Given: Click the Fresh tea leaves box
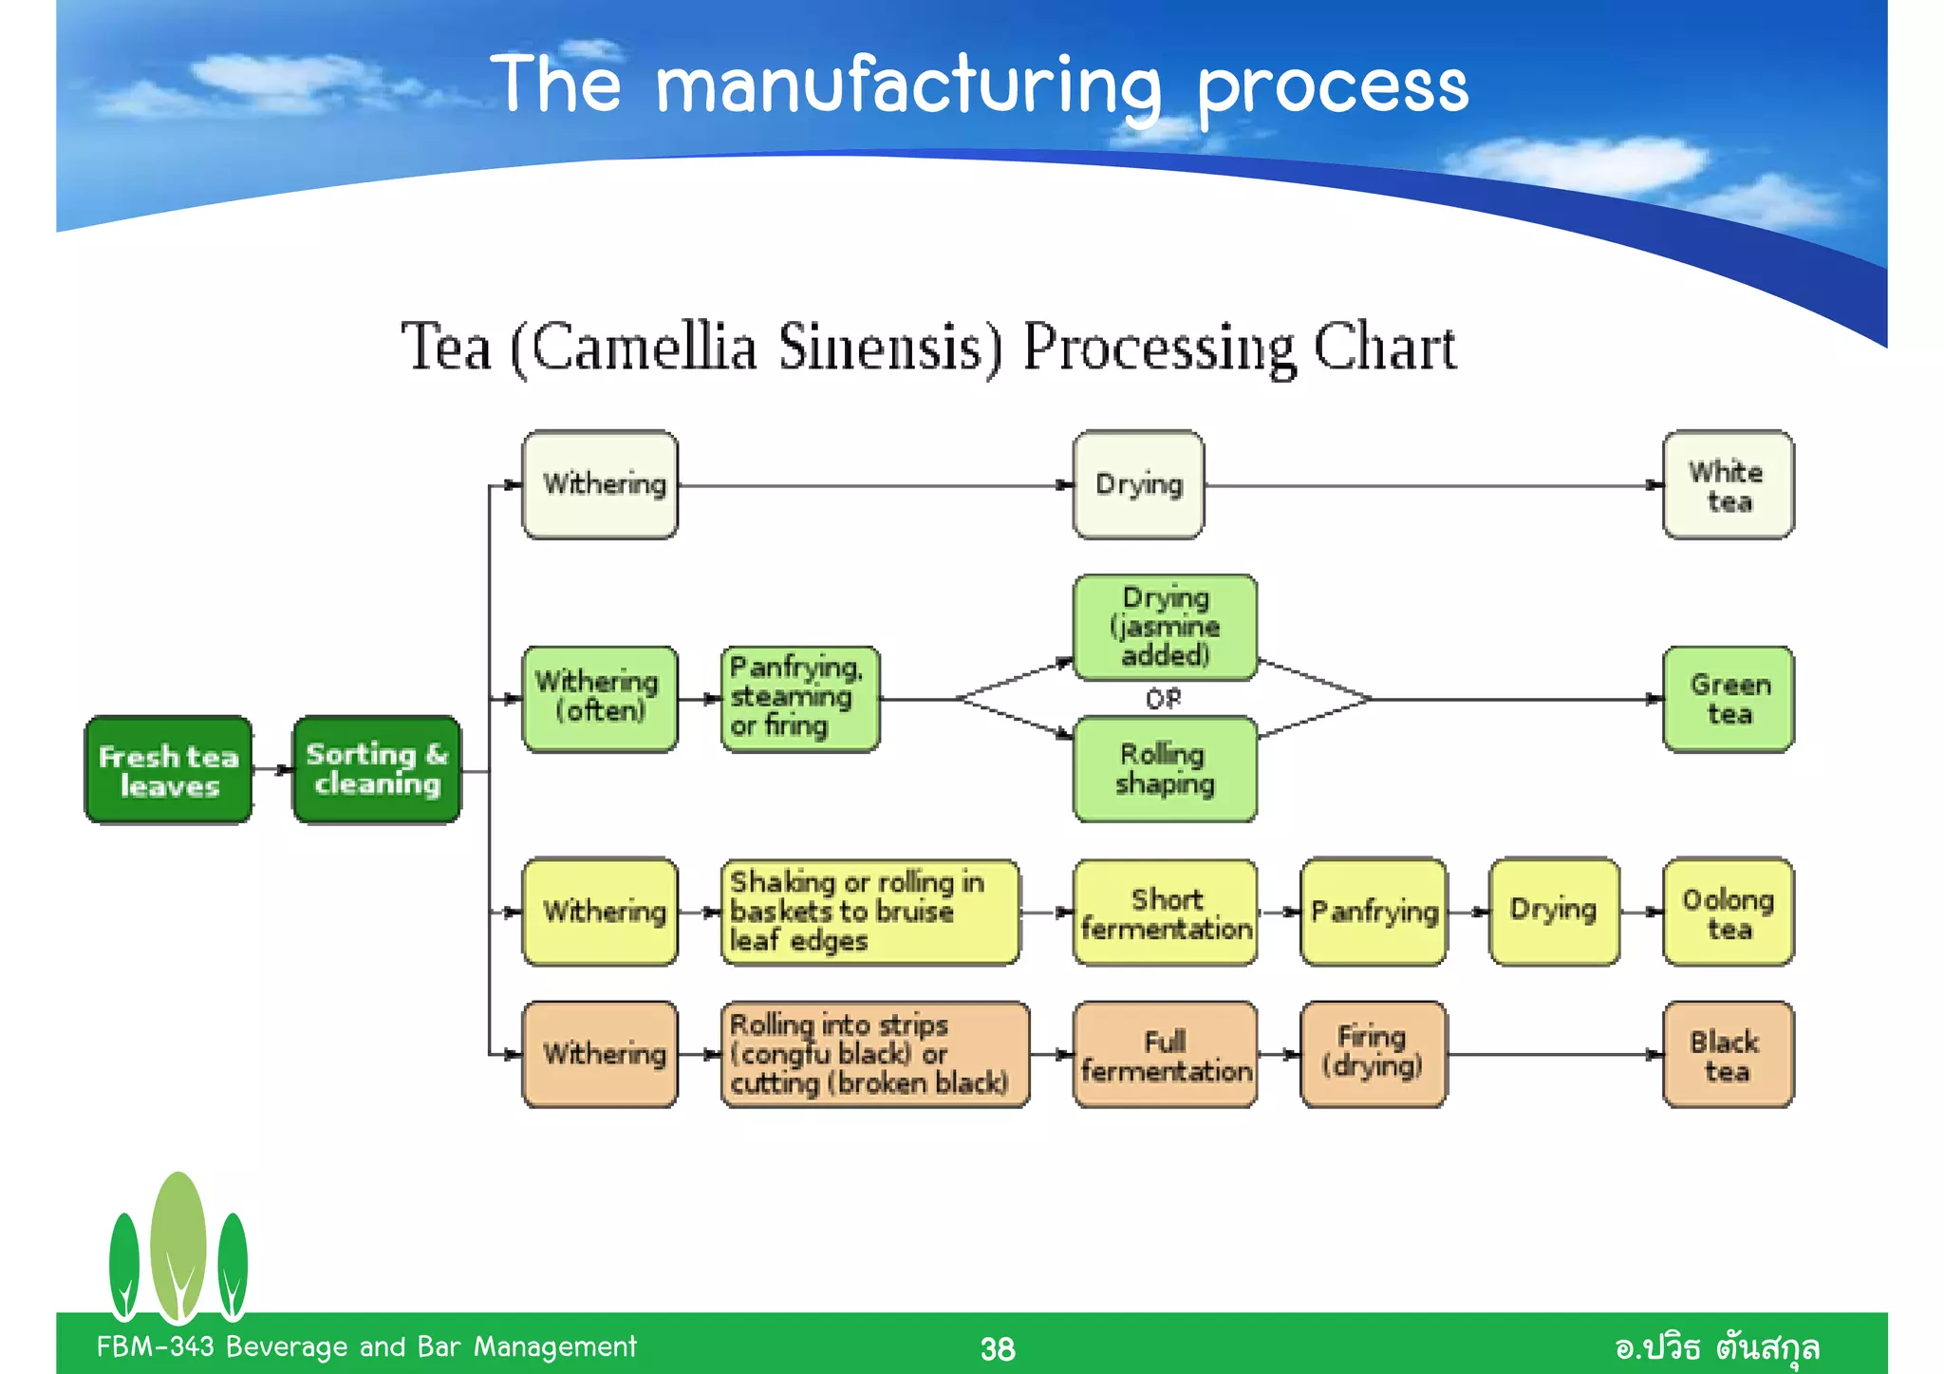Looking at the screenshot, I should [169, 770].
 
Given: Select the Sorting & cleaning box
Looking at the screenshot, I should [377, 770].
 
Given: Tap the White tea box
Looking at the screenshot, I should [1728, 485].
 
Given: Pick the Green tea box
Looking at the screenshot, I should [1728, 700].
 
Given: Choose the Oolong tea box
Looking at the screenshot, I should [1728, 913].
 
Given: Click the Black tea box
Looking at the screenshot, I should [1728, 1055].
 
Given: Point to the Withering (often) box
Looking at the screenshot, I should [600, 700].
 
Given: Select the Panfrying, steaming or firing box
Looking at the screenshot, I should [799, 700].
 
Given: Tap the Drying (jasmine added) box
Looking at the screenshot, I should [1165, 628].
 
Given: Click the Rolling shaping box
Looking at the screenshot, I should [1165, 769].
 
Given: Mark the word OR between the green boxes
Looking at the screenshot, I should [1164, 699].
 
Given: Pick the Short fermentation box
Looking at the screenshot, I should [1165, 913].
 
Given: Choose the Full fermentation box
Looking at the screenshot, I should [1165, 1055].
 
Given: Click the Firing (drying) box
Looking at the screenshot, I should [1374, 1055].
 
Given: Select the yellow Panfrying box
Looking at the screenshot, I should [1374, 913].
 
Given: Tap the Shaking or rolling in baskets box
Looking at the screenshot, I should [869, 913].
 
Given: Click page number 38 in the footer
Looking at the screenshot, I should [997, 1348].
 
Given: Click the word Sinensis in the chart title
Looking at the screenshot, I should [890, 348].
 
